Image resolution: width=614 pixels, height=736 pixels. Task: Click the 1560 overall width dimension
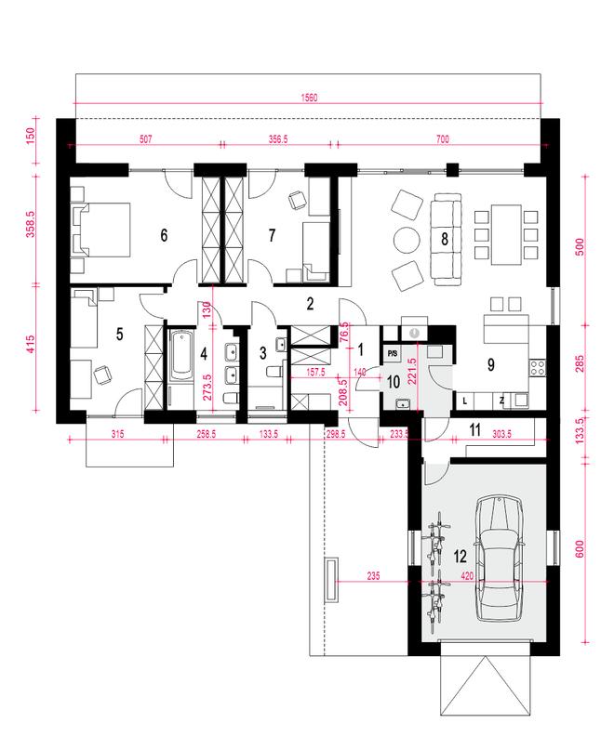(309, 98)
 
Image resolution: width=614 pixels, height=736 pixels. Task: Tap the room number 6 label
(164, 235)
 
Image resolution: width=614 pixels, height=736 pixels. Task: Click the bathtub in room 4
(181, 356)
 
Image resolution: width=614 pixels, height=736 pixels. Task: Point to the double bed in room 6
(100, 230)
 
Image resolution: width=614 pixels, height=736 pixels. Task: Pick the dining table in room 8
(506, 234)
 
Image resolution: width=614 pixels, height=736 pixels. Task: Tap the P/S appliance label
(393, 353)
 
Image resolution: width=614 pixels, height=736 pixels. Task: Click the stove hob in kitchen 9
(538, 366)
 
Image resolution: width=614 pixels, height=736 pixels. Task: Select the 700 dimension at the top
(443, 139)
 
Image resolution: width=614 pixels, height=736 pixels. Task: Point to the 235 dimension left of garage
(373, 575)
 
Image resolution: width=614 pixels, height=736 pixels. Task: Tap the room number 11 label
(475, 429)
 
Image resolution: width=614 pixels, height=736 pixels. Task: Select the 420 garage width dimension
(467, 575)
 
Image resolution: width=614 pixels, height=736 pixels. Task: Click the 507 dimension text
(146, 139)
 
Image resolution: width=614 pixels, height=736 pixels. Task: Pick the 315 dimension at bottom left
(117, 434)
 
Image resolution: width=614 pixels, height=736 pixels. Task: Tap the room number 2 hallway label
(310, 304)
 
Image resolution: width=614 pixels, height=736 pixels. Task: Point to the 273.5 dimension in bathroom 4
(207, 387)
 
